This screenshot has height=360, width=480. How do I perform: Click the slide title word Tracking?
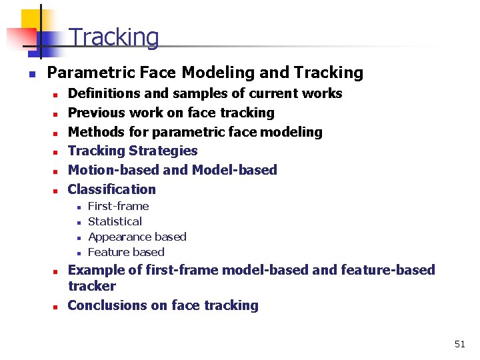(114, 38)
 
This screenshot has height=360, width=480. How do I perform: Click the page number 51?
(459, 344)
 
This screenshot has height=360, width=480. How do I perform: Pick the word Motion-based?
(113, 170)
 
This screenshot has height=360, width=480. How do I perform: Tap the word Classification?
(111, 189)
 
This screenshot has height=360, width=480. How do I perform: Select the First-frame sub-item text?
(118, 207)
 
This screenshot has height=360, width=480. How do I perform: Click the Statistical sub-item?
(115, 221)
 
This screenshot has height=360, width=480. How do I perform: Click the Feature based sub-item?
(126, 252)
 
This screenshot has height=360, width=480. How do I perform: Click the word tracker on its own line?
(91, 287)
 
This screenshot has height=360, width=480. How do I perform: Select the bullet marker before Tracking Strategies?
(58, 152)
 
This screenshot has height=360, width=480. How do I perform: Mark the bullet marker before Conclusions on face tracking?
(58, 307)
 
